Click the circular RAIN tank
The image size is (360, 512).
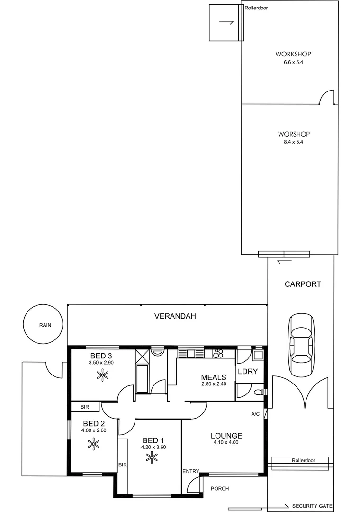tap(44, 325)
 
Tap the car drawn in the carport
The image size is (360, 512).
tap(302, 344)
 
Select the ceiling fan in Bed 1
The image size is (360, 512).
tap(152, 457)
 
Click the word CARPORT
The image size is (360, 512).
tap(303, 284)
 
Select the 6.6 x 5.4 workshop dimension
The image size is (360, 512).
tap(289, 62)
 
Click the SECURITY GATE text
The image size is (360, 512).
tap(313, 506)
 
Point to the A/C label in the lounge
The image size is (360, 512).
tap(255, 414)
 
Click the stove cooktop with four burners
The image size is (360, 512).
tap(218, 353)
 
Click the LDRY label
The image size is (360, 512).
tap(248, 371)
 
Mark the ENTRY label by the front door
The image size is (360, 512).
tap(190, 471)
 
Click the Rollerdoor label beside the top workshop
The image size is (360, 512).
tap(256, 8)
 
